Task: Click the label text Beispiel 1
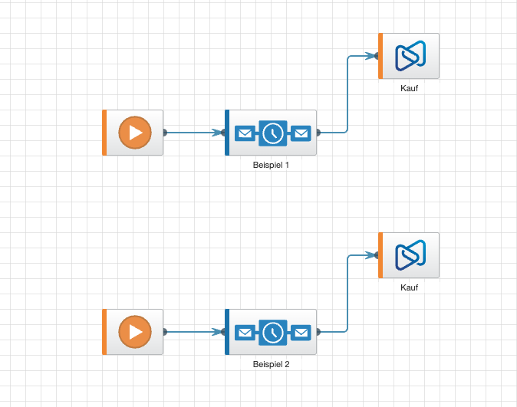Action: (271, 165)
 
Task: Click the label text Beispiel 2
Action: (271, 364)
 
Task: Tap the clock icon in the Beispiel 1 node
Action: (272, 133)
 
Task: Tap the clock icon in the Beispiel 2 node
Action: (272, 333)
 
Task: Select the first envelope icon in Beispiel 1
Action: (244, 133)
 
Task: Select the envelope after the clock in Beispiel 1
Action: (301, 133)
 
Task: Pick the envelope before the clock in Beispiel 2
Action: (244, 333)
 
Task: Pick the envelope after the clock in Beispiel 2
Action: (301, 333)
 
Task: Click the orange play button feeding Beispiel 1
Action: (135, 133)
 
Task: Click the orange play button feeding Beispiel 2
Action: (135, 332)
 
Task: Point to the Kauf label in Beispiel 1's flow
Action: (410, 88)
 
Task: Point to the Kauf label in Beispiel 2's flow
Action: (410, 287)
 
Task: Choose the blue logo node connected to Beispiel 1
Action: (410, 56)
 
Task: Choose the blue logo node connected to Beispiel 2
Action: (410, 255)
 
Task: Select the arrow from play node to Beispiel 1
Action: (192, 133)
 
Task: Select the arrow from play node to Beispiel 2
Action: (192, 332)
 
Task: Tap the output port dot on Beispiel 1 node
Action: (318, 133)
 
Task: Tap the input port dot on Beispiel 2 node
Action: (223, 332)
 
